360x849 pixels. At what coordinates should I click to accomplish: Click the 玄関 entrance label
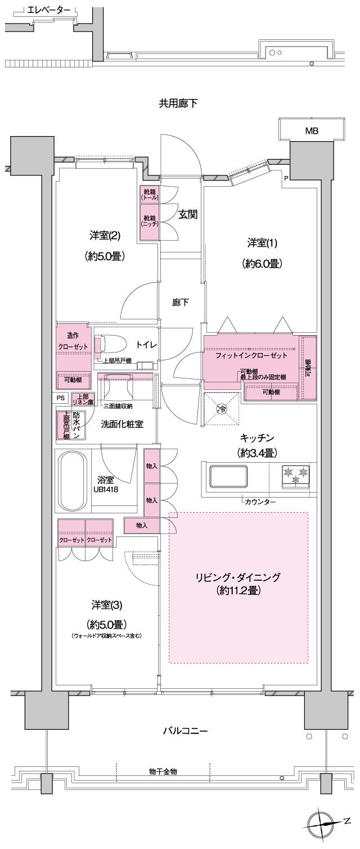tap(187, 214)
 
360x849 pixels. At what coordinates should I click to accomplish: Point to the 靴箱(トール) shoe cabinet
tap(150, 195)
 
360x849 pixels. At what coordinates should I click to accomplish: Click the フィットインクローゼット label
tap(251, 355)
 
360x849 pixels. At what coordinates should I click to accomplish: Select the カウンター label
tap(260, 502)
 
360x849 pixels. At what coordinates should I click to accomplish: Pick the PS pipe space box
tap(61, 398)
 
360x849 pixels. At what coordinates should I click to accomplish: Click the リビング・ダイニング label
tap(238, 577)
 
